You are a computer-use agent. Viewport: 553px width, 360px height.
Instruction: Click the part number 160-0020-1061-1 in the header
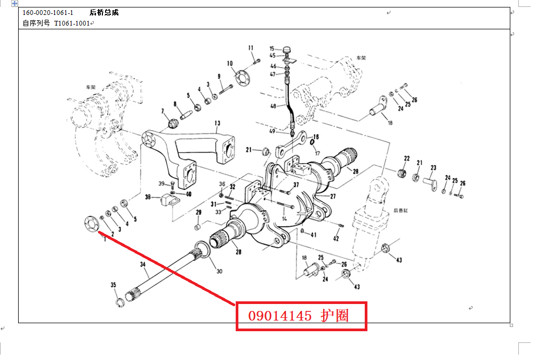point(48,12)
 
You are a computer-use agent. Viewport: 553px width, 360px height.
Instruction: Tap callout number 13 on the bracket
point(217,123)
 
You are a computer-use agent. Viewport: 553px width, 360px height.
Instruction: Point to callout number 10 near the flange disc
point(230,63)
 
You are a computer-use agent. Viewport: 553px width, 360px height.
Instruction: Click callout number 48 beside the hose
point(273,106)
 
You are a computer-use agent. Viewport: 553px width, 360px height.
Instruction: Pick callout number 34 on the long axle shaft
point(142,265)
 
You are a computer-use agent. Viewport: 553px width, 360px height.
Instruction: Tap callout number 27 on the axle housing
point(333,196)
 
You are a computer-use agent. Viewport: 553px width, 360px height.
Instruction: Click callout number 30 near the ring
point(219,271)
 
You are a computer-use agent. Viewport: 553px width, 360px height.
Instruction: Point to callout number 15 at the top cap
point(272,49)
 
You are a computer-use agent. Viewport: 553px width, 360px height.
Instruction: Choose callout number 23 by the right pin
point(433,167)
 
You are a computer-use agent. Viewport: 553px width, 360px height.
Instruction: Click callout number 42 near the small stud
point(336,238)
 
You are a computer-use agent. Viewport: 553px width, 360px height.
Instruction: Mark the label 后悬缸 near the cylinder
point(400,210)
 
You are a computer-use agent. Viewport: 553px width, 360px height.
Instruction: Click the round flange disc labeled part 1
point(92,222)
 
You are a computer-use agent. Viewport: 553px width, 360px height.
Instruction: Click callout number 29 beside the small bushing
point(198,213)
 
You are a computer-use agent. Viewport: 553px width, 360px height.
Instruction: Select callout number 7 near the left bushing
point(163,111)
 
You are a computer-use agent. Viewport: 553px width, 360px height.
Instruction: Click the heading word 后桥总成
point(104,12)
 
